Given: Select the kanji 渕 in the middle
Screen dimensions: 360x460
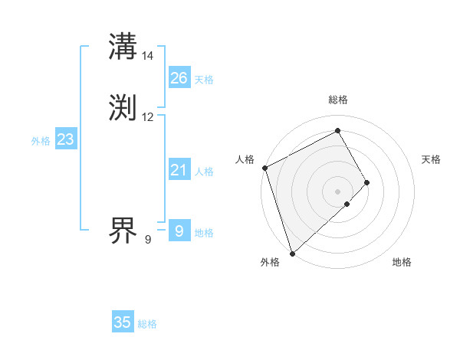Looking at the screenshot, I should pyautogui.click(x=123, y=108).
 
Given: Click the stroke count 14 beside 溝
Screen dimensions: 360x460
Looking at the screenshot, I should pyautogui.click(x=148, y=56).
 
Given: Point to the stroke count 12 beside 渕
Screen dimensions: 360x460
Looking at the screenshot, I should pyautogui.click(x=148, y=117).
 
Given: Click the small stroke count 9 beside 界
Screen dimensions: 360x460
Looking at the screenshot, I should pyautogui.click(x=148, y=240).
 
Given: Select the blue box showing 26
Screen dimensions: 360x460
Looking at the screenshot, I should pyautogui.click(x=179, y=77).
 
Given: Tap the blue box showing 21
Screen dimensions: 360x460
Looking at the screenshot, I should pyautogui.click(x=179, y=169).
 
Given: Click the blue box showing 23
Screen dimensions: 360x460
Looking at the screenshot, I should pyautogui.click(x=65, y=139).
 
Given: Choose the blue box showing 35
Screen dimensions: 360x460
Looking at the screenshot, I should pyautogui.click(x=123, y=322).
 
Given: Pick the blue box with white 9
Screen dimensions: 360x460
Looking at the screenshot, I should pyautogui.click(x=179, y=231).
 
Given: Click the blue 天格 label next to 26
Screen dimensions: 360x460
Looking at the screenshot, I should pyautogui.click(x=204, y=79).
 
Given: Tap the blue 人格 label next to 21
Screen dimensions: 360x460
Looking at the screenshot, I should pyautogui.click(x=204, y=172).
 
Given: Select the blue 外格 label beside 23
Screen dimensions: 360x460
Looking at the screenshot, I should pyautogui.click(x=41, y=141).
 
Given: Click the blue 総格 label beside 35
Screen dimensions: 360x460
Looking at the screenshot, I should pyautogui.click(x=147, y=324).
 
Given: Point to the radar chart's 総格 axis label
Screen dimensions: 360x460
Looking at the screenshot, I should pyautogui.click(x=338, y=100).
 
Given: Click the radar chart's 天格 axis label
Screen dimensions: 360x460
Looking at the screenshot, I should pyautogui.click(x=431, y=159).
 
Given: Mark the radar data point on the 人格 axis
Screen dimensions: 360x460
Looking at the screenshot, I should pyautogui.click(x=264, y=168).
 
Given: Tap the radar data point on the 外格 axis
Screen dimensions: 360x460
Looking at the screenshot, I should pyautogui.click(x=292, y=252).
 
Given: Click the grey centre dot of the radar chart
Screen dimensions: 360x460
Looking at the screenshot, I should pyautogui.click(x=338, y=191).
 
